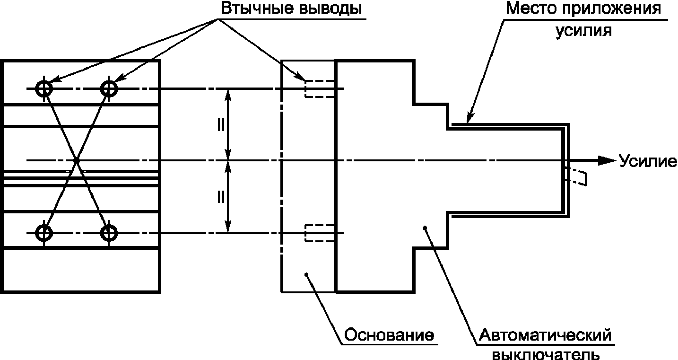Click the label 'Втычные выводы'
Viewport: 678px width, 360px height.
pos(291,9)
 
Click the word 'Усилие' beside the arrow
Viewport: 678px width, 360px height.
pos(647,160)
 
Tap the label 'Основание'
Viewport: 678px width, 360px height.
pos(389,335)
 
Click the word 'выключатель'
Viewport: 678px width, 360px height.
pos(546,354)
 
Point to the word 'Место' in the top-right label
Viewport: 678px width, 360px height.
pos(532,9)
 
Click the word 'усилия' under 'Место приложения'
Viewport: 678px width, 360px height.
pos(583,30)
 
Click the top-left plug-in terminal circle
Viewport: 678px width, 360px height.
pos(44,89)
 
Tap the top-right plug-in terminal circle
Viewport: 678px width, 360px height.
pos(109,89)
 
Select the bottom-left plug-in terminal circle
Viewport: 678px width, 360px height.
pos(44,233)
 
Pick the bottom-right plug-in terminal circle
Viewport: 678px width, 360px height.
pos(109,233)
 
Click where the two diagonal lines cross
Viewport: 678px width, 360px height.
pos(77,160)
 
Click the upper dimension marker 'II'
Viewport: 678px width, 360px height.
pos(221,124)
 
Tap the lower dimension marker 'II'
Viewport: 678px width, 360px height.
pos(221,197)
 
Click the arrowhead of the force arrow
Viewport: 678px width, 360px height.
pos(607,160)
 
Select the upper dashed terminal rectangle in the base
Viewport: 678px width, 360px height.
pos(320,89)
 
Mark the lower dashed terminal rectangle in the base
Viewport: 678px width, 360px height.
pos(320,233)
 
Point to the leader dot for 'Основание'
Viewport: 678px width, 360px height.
pos(306,274)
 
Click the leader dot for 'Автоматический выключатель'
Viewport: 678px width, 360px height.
pos(425,228)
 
